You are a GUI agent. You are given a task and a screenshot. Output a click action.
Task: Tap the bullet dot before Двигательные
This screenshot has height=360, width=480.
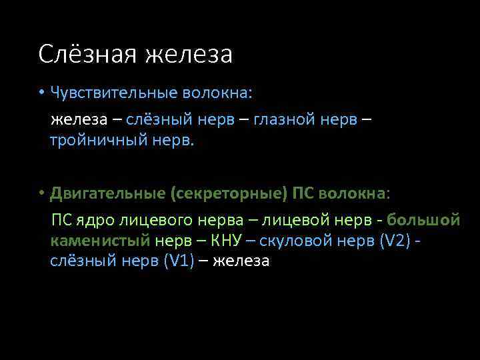pos(41,193)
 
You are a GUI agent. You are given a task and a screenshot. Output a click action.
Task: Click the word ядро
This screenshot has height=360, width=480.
pos(99,220)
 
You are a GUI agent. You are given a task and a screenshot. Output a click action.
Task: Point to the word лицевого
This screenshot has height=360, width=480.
pos(159,220)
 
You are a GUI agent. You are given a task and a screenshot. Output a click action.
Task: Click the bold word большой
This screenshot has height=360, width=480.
pos(423,220)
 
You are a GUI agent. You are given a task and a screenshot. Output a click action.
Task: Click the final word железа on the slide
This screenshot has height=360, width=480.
pos(241,261)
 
